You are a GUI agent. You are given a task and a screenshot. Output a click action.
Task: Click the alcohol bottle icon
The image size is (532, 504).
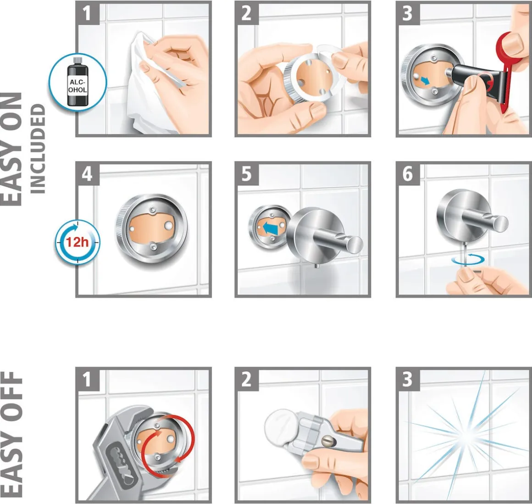pos(78,82)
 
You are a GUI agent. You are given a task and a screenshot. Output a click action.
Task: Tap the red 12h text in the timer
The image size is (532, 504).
pos(77,242)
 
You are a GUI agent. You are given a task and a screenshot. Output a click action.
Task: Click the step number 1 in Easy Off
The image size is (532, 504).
pos(87,379)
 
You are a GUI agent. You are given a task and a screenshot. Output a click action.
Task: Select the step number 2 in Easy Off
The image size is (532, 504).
pos(247,379)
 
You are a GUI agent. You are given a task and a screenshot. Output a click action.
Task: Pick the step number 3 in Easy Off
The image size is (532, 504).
pos(407,379)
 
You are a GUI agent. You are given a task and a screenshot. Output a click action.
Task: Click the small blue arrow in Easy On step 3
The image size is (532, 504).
pos(424,81)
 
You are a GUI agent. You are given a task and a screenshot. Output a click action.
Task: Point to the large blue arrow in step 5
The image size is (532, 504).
pos(271,227)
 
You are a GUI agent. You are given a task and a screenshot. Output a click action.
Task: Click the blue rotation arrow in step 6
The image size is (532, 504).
pos(468,260)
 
